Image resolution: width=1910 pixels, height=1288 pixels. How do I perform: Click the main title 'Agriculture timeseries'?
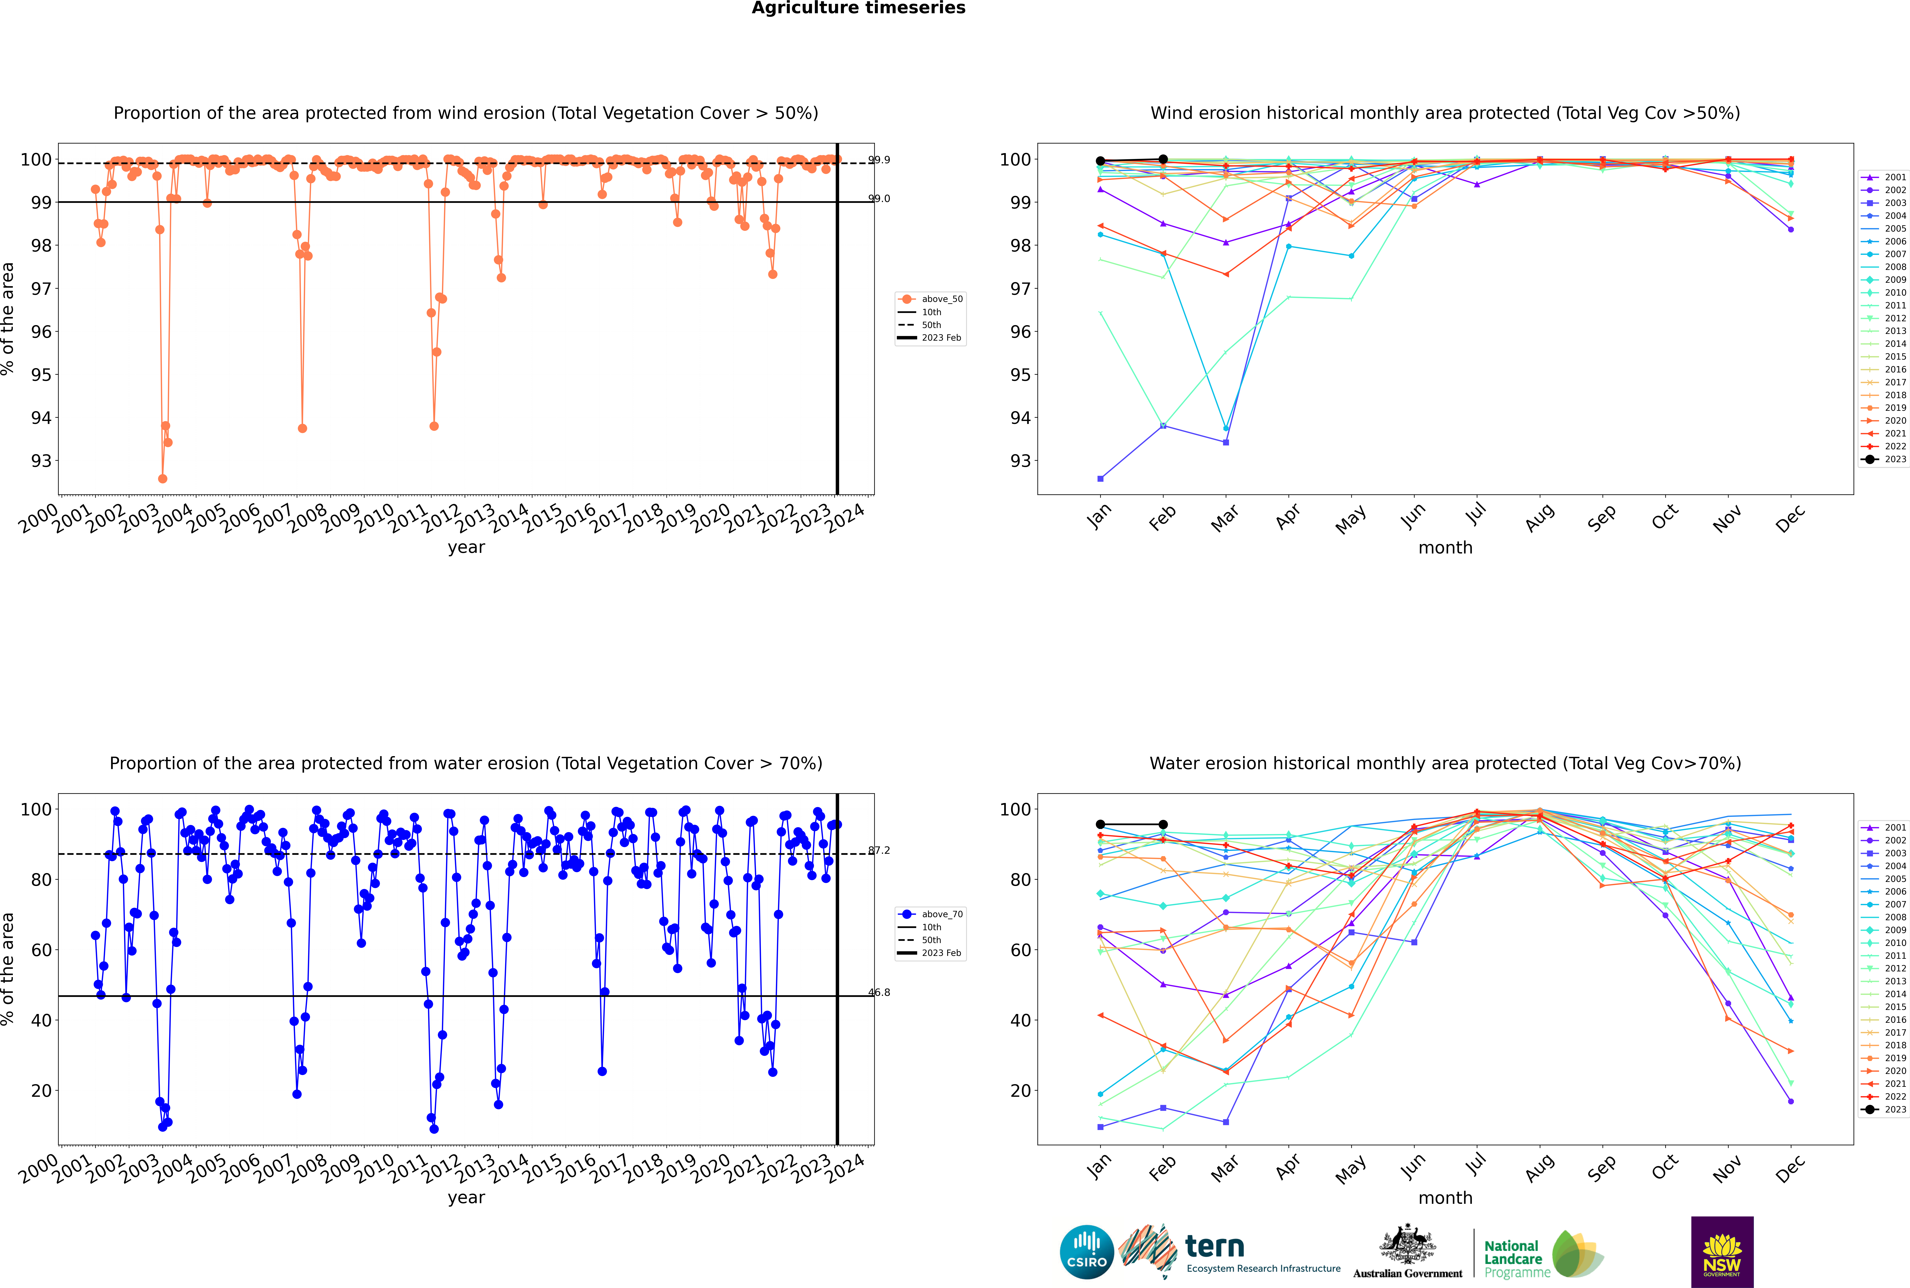coord(858,8)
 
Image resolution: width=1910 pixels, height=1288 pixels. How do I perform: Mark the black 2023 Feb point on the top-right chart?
coord(1163,159)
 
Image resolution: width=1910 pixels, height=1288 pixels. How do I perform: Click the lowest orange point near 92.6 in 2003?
coord(163,479)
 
